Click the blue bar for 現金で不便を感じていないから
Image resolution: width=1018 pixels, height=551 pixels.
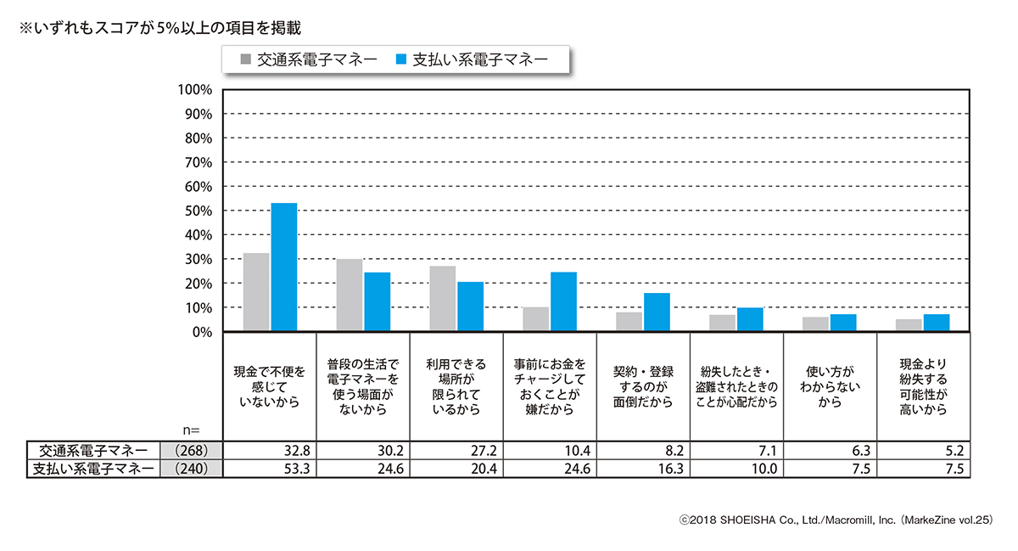click(283, 267)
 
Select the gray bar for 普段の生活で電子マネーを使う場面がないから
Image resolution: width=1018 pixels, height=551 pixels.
click(350, 295)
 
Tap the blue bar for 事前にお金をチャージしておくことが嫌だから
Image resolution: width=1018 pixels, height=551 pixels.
click(563, 301)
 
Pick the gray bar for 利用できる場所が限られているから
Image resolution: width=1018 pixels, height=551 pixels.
click(443, 299)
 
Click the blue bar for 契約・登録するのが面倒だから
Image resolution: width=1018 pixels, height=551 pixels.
click(657, 312)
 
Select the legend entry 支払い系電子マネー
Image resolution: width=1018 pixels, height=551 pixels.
click(471, 59)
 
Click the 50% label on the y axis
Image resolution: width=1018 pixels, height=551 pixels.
click(196, 211)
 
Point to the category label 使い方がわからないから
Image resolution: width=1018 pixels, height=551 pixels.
click(831, 387)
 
